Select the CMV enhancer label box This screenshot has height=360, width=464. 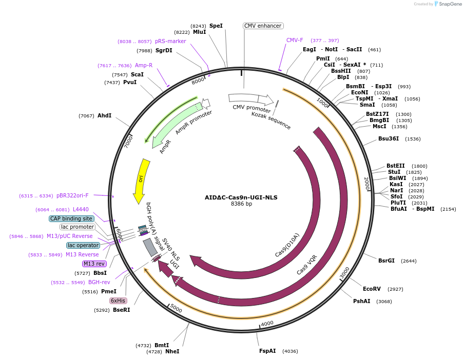tap(263, 26)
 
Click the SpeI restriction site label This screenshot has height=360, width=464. tap(216, 26)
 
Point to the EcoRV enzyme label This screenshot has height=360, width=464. tap(372, 289)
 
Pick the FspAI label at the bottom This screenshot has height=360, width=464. tap(267, 351)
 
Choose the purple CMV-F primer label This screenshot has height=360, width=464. tap(295, 40)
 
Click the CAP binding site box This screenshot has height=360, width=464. tap(71, 218)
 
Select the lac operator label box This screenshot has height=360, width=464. tap(83, 245)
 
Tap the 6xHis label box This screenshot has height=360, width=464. tap(118, 301)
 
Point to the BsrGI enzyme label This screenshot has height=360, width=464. tap(386, 261)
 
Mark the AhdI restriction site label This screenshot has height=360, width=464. tap(104, 116)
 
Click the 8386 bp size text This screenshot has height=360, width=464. tap(241, 204)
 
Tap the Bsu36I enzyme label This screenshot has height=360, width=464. tap(389, 138)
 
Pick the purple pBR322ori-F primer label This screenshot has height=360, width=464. tap(72, 195)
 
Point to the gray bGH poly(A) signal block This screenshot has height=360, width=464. tap(150, 247)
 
